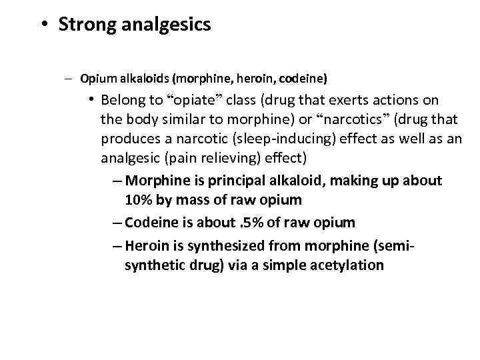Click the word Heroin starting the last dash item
tap(146, 245)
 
